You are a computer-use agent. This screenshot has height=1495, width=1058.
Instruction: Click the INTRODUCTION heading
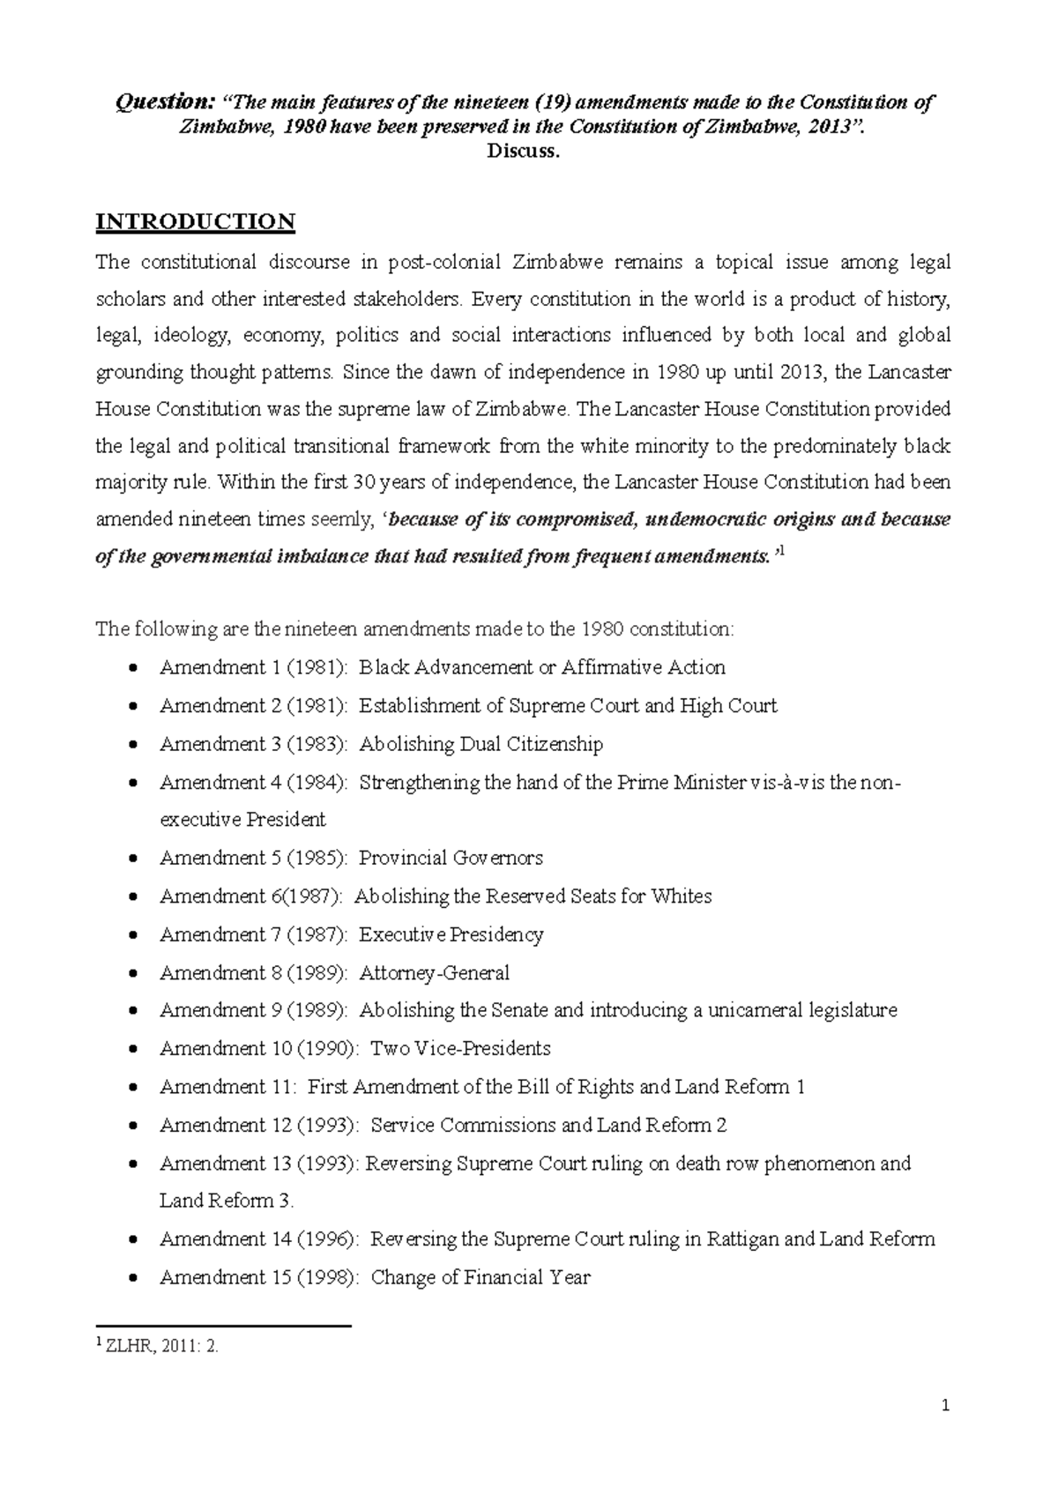pyautogui.click(x=195, y=221)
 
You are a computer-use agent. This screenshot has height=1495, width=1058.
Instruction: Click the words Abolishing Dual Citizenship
pyautogui.click(x=481, y=744)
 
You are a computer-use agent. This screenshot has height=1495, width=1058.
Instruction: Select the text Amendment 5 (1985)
pyautogui.click(x=254, y=858)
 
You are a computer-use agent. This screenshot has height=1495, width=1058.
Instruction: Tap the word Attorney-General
pyautogui.click(x=434, y=973)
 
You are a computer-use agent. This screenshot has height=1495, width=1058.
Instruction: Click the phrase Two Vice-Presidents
pyautogui.click(x=460, y=1049)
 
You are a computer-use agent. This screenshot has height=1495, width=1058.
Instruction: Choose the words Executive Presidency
pyautogui.click(x=451, y=934)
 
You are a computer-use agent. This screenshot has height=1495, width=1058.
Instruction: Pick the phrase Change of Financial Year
pyautogui.click(x=481, y=1277)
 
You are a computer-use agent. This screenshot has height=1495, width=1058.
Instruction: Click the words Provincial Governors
pyautogui.click(x=451, y=858)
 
